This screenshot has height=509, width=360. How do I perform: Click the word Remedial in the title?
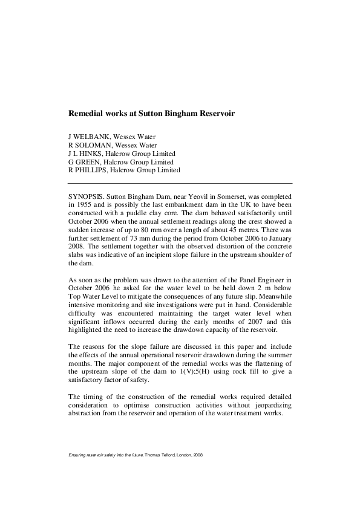(x=85, y=113)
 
